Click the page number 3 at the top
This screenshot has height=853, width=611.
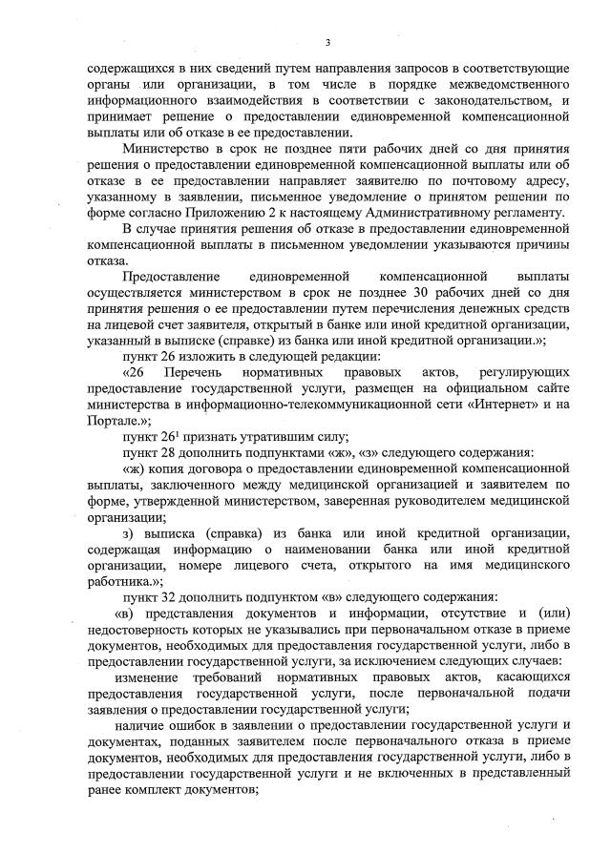pyautogui.click(x=327, y=42)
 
